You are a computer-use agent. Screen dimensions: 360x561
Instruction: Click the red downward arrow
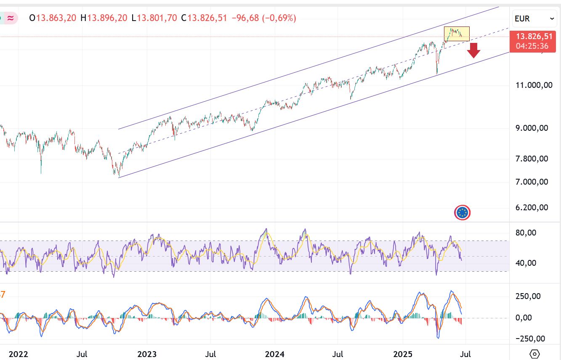474,50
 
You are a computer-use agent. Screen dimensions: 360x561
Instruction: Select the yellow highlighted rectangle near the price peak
457,34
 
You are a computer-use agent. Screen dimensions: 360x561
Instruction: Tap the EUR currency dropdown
534,19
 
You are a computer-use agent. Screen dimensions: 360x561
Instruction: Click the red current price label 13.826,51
534,37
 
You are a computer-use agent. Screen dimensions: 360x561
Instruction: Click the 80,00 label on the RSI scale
526,233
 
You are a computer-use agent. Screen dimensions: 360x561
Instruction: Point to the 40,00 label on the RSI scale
526,263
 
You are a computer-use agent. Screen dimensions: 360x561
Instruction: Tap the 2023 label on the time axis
146,354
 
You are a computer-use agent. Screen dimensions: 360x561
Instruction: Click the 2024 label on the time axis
274,354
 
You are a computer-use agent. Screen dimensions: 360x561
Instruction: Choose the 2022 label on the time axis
19,354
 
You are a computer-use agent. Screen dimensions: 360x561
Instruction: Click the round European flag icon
463,213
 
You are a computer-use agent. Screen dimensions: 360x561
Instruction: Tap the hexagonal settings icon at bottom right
535,354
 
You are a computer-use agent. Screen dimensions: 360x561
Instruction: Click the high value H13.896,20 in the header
104,18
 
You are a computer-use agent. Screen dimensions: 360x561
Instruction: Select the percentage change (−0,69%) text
279,18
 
